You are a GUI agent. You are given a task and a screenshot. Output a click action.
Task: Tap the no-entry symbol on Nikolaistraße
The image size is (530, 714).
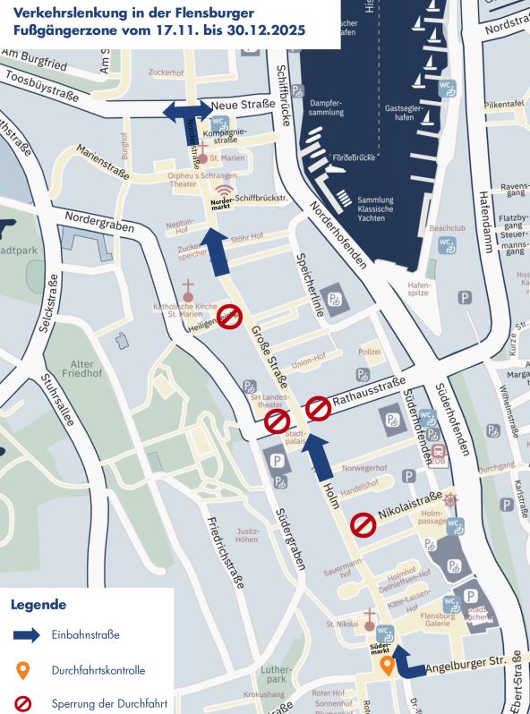363,525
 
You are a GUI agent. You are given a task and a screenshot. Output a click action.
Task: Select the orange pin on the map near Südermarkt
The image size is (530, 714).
387,666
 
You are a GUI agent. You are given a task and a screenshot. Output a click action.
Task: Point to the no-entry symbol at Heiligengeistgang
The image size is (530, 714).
231,316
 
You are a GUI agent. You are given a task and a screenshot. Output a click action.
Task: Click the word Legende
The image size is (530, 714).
38,604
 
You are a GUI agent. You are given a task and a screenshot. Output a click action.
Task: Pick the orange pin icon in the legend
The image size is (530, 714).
23,670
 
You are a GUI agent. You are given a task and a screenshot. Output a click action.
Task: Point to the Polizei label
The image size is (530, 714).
370,352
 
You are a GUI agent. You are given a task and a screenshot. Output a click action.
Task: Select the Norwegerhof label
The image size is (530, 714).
370,468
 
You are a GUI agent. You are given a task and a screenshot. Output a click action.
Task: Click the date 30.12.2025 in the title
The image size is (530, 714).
266,30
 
